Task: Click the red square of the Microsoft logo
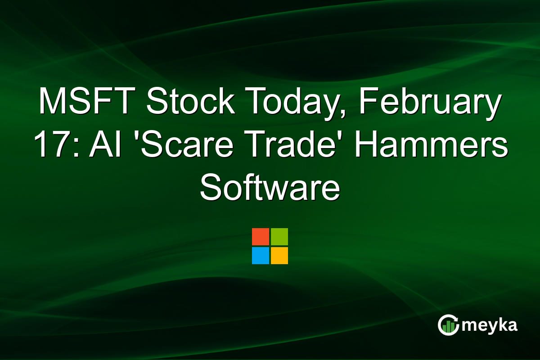[261, 237]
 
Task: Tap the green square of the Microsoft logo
[279, 237]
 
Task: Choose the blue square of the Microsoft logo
[261, 256]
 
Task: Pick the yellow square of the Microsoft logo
[279, 256]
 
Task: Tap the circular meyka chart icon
[449, 325]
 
